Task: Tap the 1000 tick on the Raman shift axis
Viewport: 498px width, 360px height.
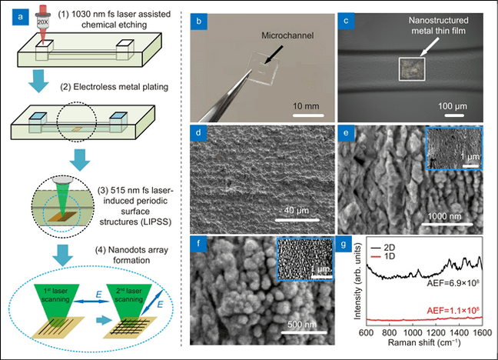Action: point(414,333)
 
